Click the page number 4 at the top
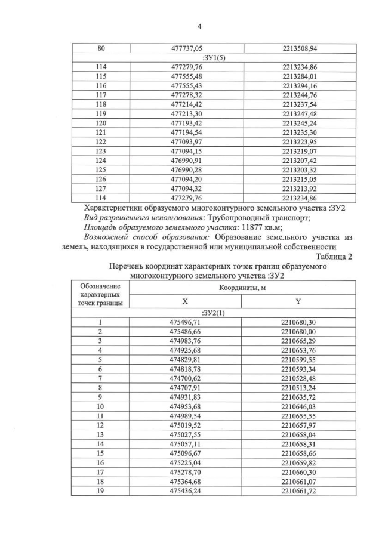pos(199,26)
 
